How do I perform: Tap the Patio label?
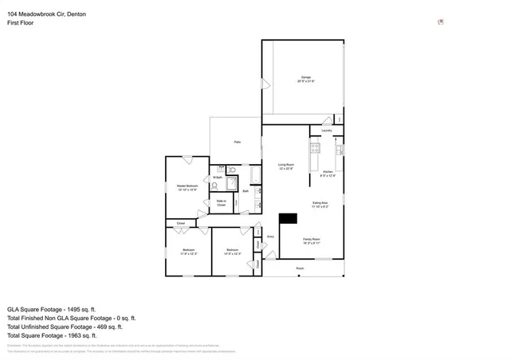tap(237, 142)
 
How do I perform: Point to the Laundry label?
tap(327, 131)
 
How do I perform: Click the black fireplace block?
tap(287, 218)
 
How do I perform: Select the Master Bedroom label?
tap(187, 187)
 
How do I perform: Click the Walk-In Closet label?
tap(222, 203)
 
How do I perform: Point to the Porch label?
tap(300, 268)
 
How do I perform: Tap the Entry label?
tap(271, 237)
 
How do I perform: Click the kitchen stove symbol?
tap(315, 148)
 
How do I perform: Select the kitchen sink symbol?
tap(339, 149)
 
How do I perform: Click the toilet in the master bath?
tap(214, 185)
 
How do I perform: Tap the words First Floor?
tap(21, 23)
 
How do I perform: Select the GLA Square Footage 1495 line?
tap(51, 308)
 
